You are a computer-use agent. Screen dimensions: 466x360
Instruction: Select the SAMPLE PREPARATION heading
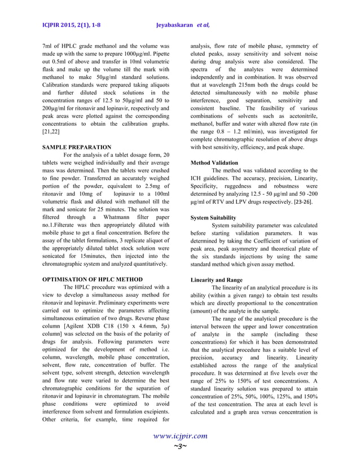77,147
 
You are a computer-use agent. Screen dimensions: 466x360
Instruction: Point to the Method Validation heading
214,163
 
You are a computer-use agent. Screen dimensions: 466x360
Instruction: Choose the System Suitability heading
213,217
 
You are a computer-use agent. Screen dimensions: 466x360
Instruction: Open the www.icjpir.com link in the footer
179,436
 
